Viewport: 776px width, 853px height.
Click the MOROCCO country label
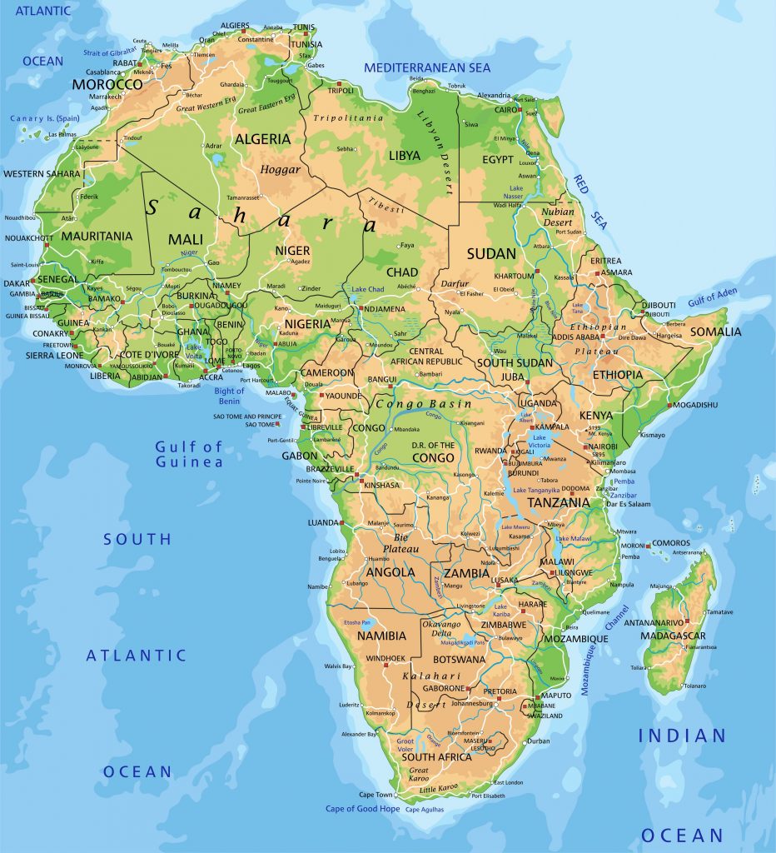click(107, 85)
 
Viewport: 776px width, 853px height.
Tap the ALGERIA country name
click(261, 139)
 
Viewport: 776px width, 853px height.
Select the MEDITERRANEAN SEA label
click(427, 67)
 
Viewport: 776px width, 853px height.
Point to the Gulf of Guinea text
click(189, 455)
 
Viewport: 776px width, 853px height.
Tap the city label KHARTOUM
click(514, 276)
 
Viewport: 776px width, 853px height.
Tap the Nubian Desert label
click(558, 217)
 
